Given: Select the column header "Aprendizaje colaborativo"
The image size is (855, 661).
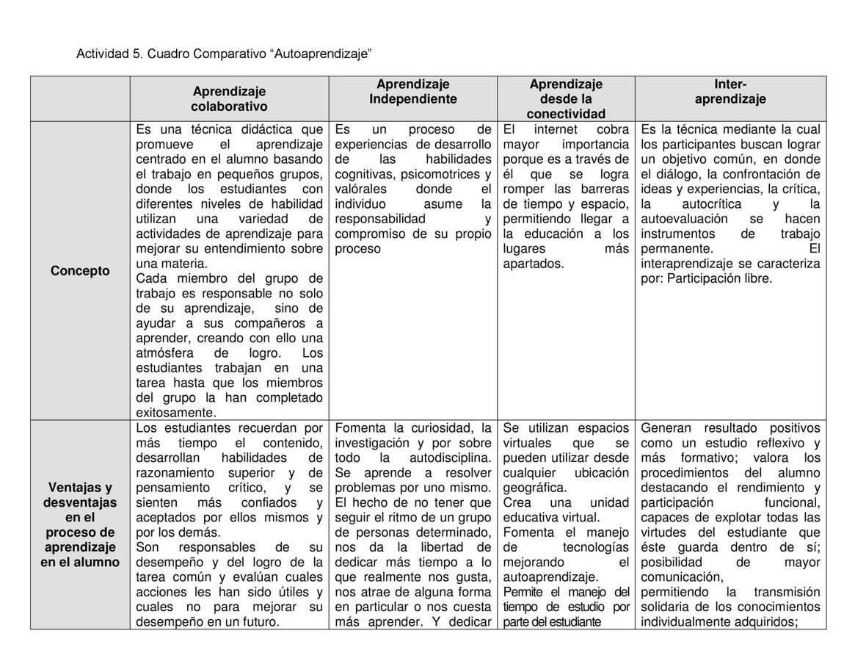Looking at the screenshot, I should click(x=229, y=99).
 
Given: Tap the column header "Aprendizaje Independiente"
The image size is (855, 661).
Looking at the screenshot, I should click(x=412, y=92).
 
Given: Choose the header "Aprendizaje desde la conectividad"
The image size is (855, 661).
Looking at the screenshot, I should click(x=566, y=99).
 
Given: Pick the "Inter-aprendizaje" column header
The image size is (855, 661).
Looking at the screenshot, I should click(x=730, y=92).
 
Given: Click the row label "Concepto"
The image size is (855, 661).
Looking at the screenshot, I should click(x=80, y=271).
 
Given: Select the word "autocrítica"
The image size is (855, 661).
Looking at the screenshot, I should click(x=712, y=204).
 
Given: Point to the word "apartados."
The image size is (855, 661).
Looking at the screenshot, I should click(x=533, y=264).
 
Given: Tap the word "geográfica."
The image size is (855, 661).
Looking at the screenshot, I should click(x=534, y=488).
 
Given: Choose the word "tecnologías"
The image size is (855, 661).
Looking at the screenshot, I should click(x=596, y=547).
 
